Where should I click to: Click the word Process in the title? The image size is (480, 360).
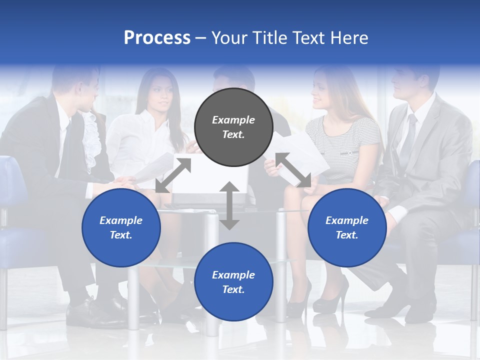[157, 38]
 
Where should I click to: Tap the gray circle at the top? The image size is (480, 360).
[233, 127]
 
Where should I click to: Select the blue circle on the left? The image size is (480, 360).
[121, 227]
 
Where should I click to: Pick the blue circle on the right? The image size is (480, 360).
[347, 227]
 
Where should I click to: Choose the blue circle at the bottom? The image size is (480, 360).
[233, 282]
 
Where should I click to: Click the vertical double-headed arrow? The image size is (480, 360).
[229, 205]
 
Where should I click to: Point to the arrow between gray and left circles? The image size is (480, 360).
[173, 175]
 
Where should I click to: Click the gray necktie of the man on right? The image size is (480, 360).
[408, 135]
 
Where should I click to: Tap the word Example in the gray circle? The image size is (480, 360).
[233, 120]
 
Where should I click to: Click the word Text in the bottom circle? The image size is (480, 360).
[232, 289]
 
